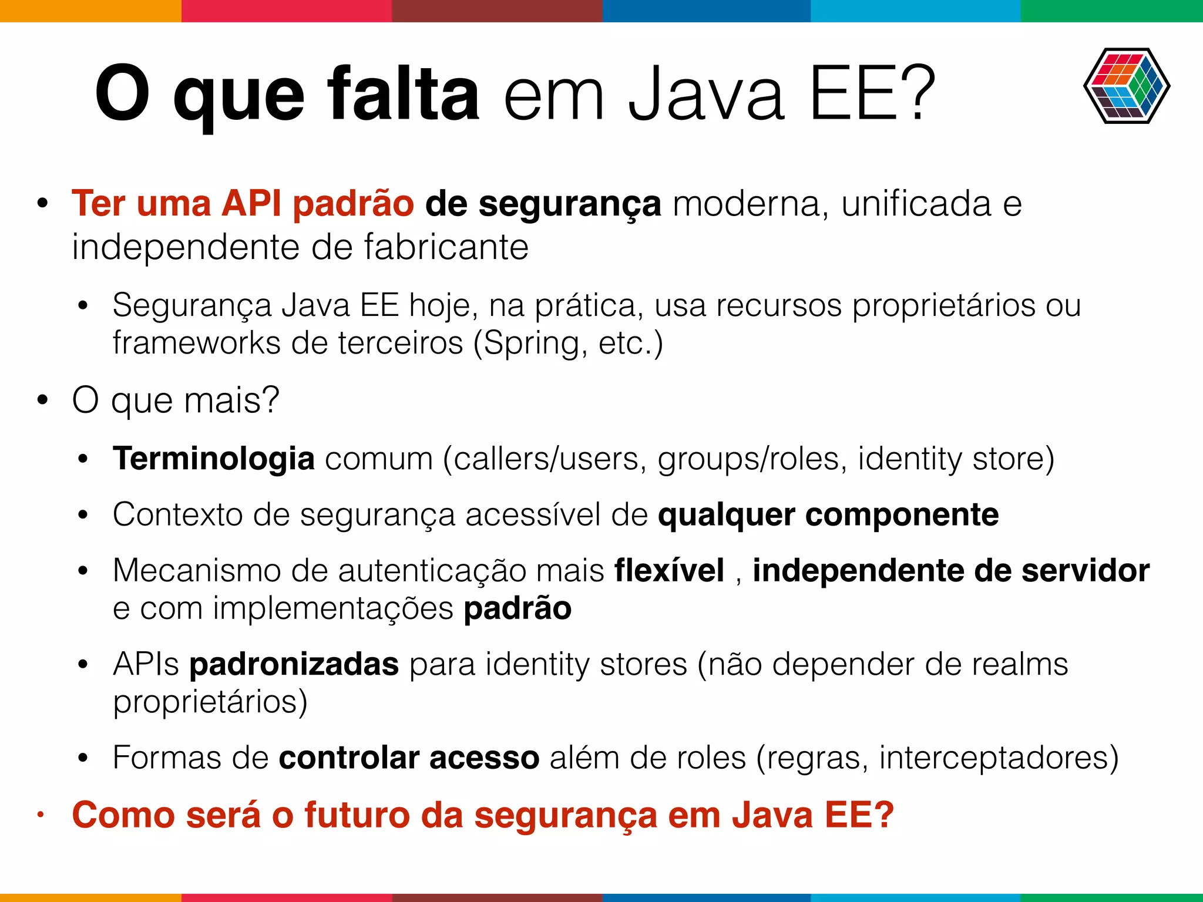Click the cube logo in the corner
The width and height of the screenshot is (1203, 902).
[x=1126, y=86]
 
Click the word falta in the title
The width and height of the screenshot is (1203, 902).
[x=404, y=94]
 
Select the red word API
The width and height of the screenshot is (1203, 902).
[x=251, y=203]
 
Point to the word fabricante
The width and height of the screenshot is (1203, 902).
[x=446, y=247]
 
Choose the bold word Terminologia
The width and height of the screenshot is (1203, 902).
[x=214, y=458]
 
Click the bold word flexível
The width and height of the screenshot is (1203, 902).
[x=669, y=570]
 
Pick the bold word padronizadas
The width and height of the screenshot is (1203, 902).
[x=294, y=664]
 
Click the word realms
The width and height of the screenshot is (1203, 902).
[x=1020, y=664]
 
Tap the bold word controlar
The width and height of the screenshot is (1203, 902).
[x=349, y=758]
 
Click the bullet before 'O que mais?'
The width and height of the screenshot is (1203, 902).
[x=42, y=400]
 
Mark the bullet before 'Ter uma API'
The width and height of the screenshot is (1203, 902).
[x=42, y=204]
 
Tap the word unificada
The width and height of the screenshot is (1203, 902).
[x=916, y=203]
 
